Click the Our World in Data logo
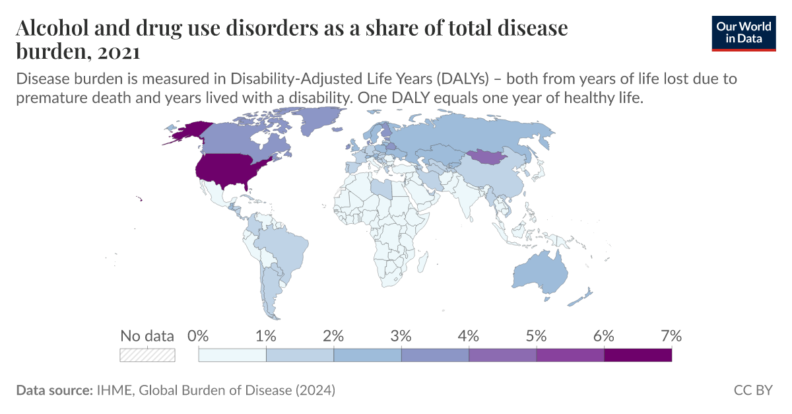coord(743,32)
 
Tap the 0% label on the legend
coord(198,335)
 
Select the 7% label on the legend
coord(671,335)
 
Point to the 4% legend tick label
coord(468,335)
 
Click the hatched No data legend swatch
coord(147,355)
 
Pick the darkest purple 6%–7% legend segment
coord(638,355)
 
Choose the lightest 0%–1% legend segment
coord(232,355)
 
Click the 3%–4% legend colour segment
coord(435,355)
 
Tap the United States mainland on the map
coord(231,170)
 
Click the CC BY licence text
coord(753,390)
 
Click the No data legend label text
coord(147,335)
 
